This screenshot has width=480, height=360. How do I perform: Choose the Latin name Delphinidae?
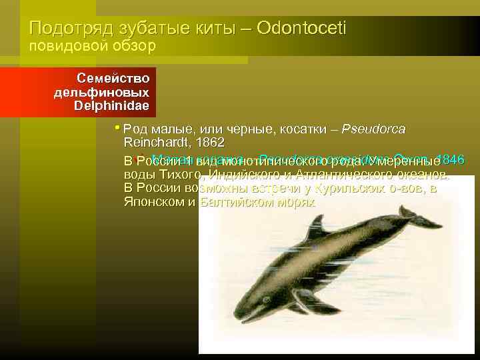tap(111, 105)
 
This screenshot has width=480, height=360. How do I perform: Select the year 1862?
tap(208, 143)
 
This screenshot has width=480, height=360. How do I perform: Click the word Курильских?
tap(349, 189)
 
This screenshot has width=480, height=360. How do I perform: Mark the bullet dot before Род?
tap(117, 127)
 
